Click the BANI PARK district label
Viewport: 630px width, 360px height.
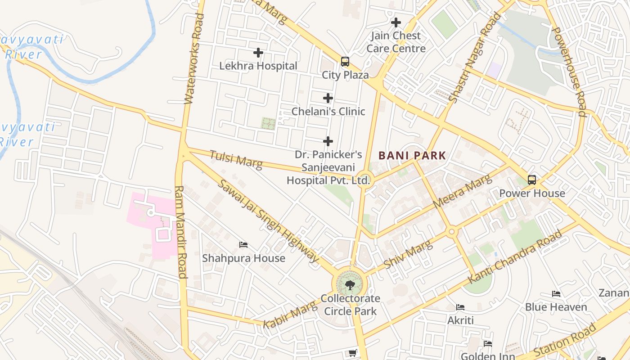[412, 156]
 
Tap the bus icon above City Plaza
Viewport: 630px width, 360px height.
[345, 62]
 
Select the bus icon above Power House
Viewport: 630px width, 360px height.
[532, 180]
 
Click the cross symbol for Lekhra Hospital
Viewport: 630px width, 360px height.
[258, 53]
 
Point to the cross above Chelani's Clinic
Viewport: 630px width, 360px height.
[328, 98]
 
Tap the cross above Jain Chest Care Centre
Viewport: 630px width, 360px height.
[396, 22]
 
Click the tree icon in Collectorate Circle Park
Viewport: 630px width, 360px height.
[350, 284]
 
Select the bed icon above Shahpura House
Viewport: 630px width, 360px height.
[243, 245]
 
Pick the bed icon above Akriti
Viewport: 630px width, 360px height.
[460, 307]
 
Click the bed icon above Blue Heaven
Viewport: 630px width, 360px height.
[556, 294]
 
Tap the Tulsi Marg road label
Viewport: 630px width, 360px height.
[236, 159]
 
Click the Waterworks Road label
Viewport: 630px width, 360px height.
[194, 58]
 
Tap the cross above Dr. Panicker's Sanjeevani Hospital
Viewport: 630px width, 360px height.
[328, 141]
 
